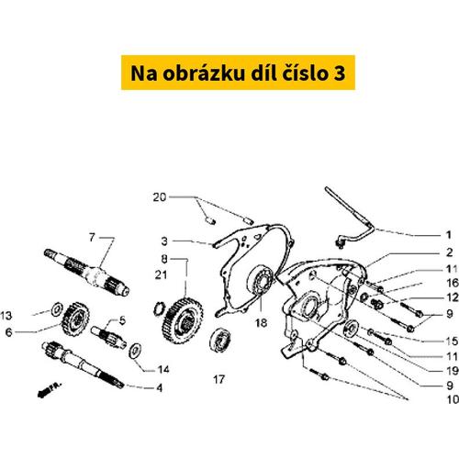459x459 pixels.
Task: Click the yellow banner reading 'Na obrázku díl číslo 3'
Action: pos(238,73)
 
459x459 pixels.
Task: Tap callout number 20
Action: pos(160,197)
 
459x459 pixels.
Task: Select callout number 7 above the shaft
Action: pos(92,237)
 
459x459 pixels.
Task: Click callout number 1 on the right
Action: pos(449,235)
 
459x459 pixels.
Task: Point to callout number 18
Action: pos(261,322)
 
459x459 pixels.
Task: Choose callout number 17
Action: pos(219,379)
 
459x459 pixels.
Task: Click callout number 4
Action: pos(160,388)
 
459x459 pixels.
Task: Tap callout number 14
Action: pos(163,370)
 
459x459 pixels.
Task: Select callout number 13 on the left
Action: pos(6,316)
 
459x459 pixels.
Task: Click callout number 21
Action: pos(161,274)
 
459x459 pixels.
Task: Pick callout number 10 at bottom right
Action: pos(453,399)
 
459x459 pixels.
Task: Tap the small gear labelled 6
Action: pos(75,319)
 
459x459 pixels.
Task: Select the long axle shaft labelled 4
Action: pos(83,364)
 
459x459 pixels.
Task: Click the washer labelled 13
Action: pos(57,310)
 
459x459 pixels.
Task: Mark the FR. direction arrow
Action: pos(49,389)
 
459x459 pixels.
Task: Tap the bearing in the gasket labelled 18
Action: pos(260,280)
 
